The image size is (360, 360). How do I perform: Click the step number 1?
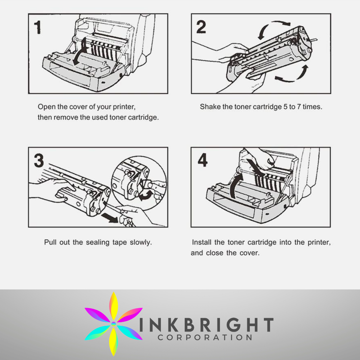tap(37, 27)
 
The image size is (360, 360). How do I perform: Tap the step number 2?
tap(201, 27)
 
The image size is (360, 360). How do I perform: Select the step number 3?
tap(39, 161)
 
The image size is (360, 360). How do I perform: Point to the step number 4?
tap(202, 160)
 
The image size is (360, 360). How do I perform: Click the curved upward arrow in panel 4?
tap(234, 183)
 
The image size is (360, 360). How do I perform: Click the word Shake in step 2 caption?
tap(209, 107)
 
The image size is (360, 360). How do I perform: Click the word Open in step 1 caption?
tap(46, 107)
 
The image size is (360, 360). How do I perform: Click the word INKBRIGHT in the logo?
tap(206, 325)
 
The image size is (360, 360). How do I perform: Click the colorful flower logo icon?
tap(113, 319)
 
